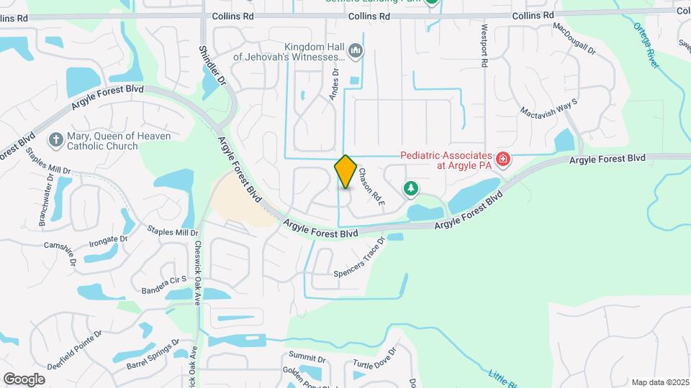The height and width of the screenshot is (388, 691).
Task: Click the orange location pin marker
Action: tap(345, 171)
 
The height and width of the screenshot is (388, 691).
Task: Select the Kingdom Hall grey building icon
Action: tap(355, 51)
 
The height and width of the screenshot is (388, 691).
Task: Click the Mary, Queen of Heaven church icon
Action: tap(55, 139)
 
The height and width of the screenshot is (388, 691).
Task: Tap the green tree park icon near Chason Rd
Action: tap(410, 189)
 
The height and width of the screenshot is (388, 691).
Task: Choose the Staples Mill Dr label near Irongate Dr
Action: tap(172, 231)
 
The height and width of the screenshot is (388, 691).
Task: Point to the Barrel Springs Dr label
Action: tap(153, 355)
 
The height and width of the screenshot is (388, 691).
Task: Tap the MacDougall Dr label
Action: tap(574, 39)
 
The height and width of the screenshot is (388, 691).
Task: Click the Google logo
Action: tap(24, 379)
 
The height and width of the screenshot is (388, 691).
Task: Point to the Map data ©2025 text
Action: tap(660, 382)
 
